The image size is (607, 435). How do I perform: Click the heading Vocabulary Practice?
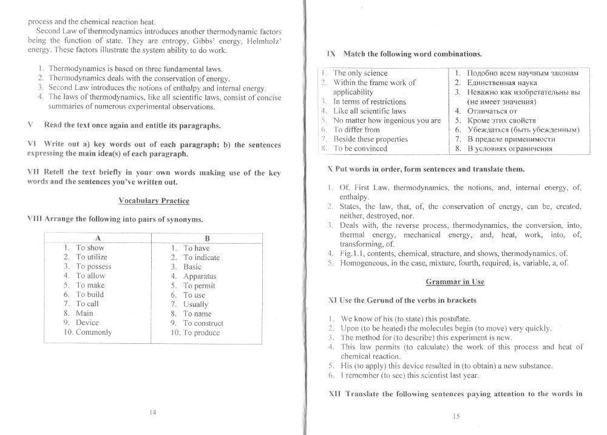click(154, 200)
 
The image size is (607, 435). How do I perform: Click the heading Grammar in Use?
click(455, 282)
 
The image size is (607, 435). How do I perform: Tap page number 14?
click(152, 413)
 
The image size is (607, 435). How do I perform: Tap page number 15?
click(456, 416)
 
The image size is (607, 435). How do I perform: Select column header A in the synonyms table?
click(99, 238)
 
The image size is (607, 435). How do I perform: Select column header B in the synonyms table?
click(207, 239)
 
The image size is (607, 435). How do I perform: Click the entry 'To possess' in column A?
click(93, 266)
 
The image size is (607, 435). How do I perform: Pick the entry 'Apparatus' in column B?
click(200, 276)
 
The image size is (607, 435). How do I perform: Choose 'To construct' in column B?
click(203, 323)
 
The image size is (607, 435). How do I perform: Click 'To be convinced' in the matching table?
click(360, 148)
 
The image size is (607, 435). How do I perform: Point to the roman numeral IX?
click(331, 53)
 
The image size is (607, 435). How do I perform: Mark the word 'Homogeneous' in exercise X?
click(362, 263)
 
